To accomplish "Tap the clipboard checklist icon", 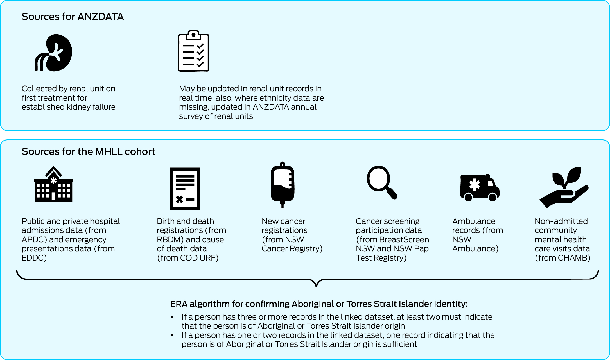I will [x=193, y=51].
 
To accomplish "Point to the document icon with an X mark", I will [x=185, y=189].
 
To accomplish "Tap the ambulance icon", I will [x=480, y=187].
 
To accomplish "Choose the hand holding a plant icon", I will [x=564, y=187].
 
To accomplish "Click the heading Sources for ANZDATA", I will [x=73, y=17].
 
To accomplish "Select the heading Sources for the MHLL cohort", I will [x=88, y=151].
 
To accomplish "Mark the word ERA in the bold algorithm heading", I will [x=179, y=304].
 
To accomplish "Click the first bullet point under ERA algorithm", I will [x=172, y=317].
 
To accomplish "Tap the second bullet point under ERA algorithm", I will [x=172, y=335].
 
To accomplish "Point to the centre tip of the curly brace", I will [x=316, y=286].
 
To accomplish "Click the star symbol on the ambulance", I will [x=475, y=184].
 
